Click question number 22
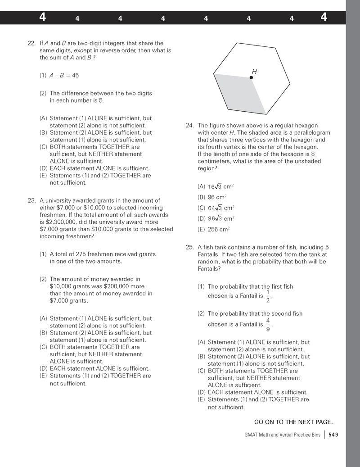pos(31,44)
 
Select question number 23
pos(31,200)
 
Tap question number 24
pos(189,126)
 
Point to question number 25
pos(189,247)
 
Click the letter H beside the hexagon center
pos(254,72)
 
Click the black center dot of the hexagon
pos(251,78)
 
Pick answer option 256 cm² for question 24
pos(219,229)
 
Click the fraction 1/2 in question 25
pos(268,296)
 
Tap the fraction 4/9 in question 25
pos(268,324)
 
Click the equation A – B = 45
pos(64,75)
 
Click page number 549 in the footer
pos(333,435)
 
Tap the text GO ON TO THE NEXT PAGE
pos(293,422)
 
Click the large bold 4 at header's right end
pos(324,18)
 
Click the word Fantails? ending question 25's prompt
pos(210,269)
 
